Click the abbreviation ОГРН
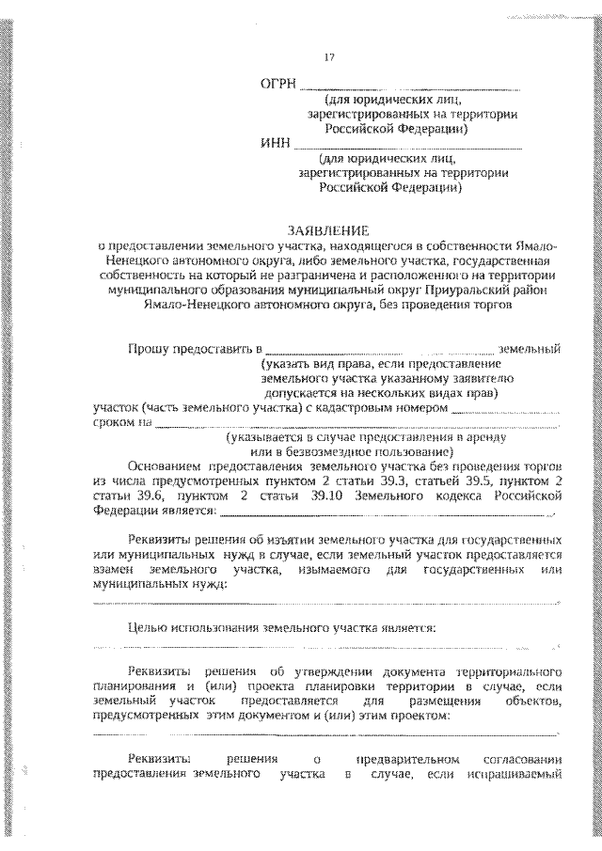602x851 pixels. [277, 84]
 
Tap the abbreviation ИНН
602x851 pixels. [276, 144]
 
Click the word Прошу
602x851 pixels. [149, 350]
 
